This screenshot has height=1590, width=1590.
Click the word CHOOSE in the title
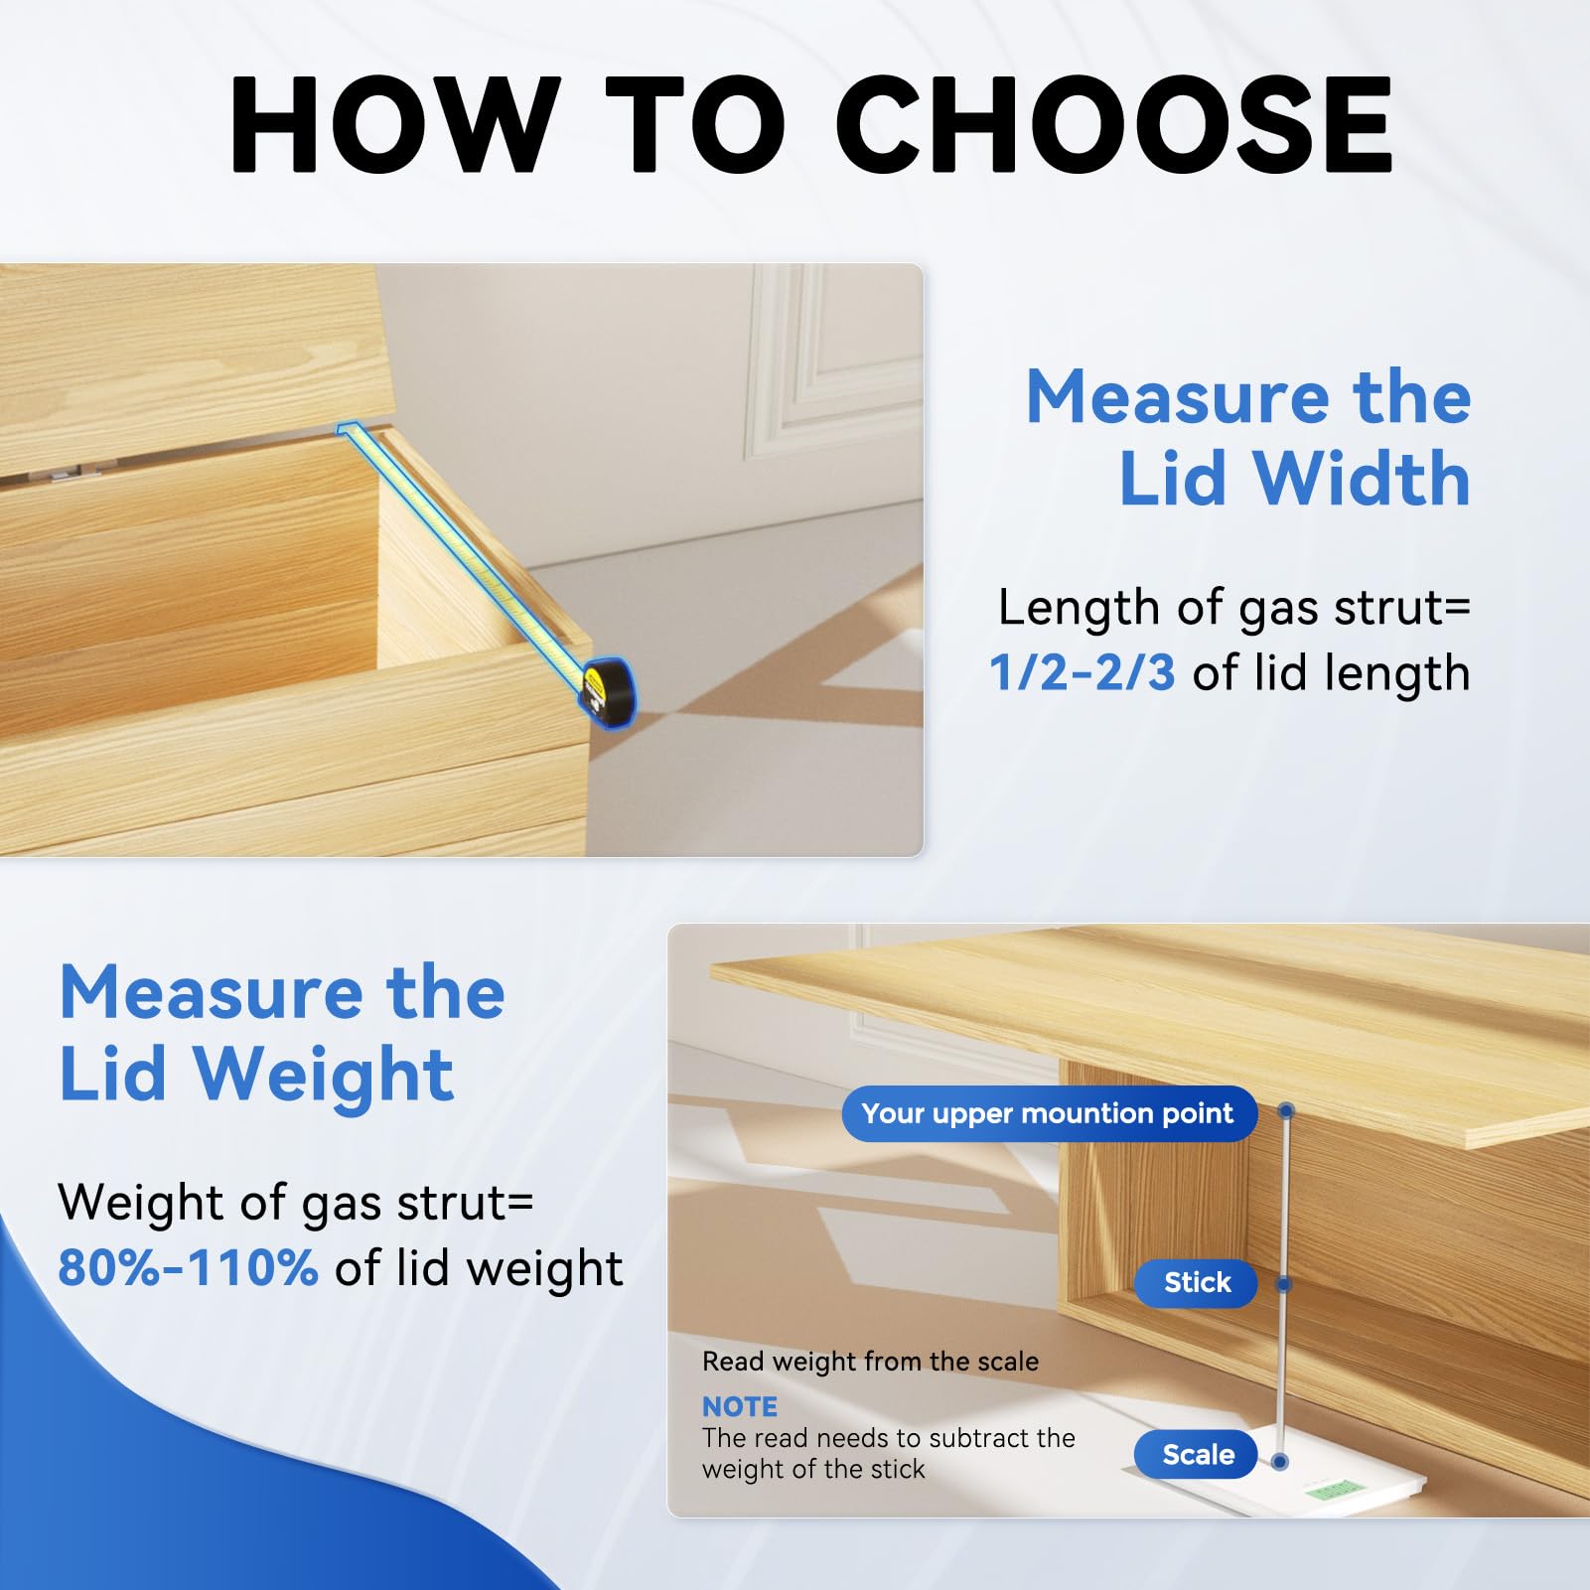point(1113,126)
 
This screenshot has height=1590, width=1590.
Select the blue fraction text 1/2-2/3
point(1082,673)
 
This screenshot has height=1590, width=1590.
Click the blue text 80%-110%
point(188,1268)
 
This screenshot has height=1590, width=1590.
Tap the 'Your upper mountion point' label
point(1048,1113)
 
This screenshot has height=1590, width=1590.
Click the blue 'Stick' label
point(1197,1282)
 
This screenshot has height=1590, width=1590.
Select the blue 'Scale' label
point(1198,1455)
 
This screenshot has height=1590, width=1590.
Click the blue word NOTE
point(740,1406)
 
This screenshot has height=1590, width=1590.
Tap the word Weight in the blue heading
point(324,1075)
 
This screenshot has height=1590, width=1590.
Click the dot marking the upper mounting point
point(1286,1110)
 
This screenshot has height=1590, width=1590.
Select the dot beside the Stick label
point(1283,1284)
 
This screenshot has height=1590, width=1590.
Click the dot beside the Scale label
point(1280,1461)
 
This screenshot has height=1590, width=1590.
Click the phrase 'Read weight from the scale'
point(870,1362)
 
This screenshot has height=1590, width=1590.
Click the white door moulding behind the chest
point(795,367)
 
